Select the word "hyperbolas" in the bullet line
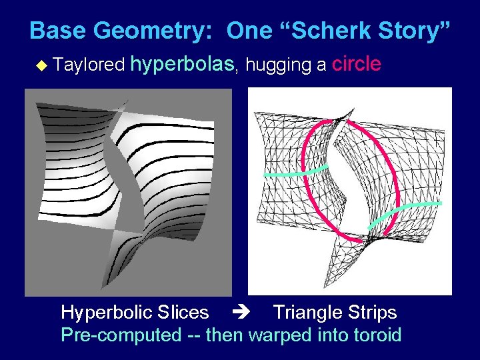[x=183, y=64]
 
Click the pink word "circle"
[x=357, y=64]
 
